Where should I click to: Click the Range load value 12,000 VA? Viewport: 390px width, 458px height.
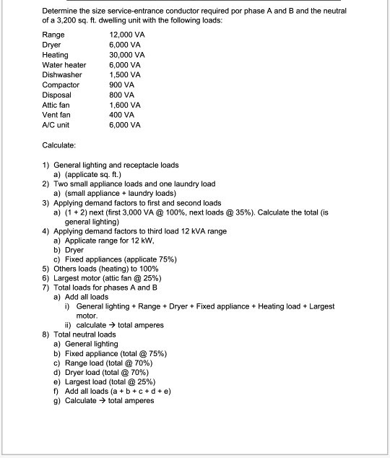click(126, 35)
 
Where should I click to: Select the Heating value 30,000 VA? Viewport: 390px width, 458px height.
click(126, 55)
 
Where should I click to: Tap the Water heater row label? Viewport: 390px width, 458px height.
click(64, 65)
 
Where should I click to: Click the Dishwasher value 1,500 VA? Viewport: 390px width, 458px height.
click(124, 75)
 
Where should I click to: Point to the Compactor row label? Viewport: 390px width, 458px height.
click(61, 85)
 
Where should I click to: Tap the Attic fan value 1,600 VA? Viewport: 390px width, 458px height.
click(124, 105)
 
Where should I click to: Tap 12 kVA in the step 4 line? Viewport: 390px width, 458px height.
click(196, 231)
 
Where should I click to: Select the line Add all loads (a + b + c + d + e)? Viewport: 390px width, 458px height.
click(116, 392)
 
